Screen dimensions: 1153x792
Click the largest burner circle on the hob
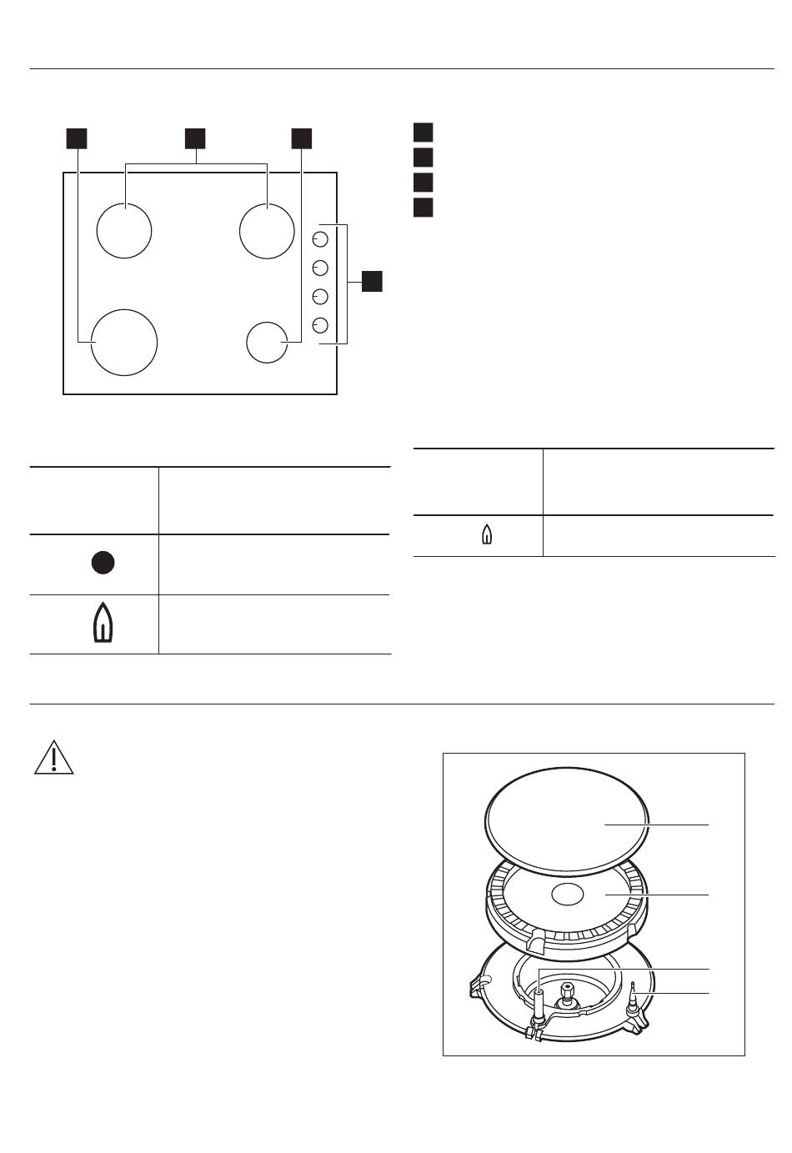click(x=124, y=342)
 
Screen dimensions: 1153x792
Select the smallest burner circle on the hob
click(x=267, y=343)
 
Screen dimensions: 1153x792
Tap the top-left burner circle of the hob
click(x=124, y=230)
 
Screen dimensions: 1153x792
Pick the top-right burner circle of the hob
click(x=267, y=230)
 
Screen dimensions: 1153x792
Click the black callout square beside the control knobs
click(x=372, y=281)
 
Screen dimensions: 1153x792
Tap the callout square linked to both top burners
click(x=195, y=138)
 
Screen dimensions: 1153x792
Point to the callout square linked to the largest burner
click(x=77, y=138)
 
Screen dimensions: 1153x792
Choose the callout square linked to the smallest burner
click(x=301, y=138)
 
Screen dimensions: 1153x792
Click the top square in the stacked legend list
click(x=424, y=133)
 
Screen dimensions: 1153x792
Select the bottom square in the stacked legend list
click(x=424, y=207)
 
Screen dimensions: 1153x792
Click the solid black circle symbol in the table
click(x=103, y=564)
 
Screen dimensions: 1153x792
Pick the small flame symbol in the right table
click(x=487, y=536)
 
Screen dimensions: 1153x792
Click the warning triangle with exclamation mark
click(x=53, y=757)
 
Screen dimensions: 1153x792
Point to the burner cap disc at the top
click(x=567, y=819)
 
